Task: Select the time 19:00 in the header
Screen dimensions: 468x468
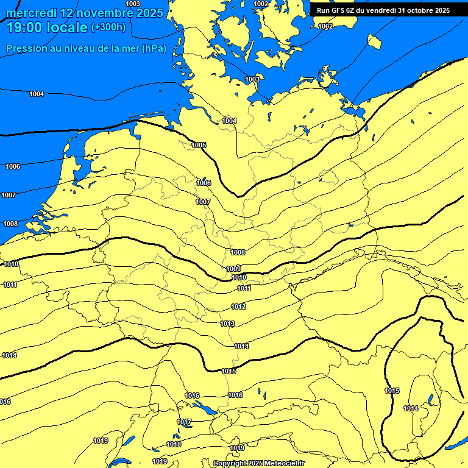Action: (24, 27)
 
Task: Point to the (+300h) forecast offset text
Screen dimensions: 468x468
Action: (108, 27)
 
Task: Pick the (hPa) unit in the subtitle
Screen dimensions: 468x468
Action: (154, 49)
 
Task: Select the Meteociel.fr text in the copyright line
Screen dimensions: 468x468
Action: (283, 464)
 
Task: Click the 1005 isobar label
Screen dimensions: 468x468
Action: (199, 145)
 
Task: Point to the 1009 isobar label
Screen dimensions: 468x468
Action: (233, 269)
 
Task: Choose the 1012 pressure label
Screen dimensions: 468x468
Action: (238, 307)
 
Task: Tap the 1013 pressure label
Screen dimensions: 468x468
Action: (227, 324)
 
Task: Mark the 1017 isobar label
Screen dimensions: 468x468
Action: (184, 422)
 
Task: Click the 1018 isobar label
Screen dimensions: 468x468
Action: (174, 444)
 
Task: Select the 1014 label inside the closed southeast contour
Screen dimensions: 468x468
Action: (411, 408)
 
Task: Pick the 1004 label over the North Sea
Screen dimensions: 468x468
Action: (37, 94)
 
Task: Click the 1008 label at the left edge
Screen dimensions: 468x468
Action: (10, 224)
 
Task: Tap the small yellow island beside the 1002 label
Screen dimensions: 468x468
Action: (374, 41)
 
